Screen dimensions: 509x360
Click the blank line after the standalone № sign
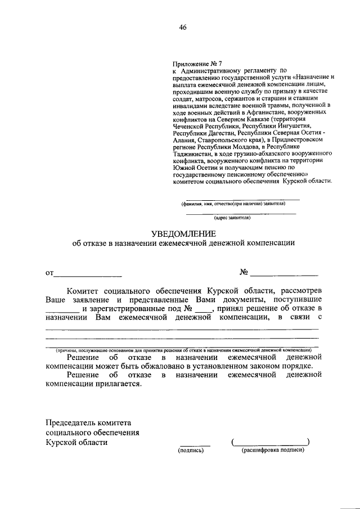click(284, 275)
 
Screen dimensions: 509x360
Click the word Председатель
click(71, 422)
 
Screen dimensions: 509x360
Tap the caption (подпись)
click(191, 451)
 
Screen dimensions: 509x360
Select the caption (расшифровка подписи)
click(272, 451)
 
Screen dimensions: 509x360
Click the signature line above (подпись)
click(195, 444)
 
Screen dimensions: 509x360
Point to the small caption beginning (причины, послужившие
click(184, 349)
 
